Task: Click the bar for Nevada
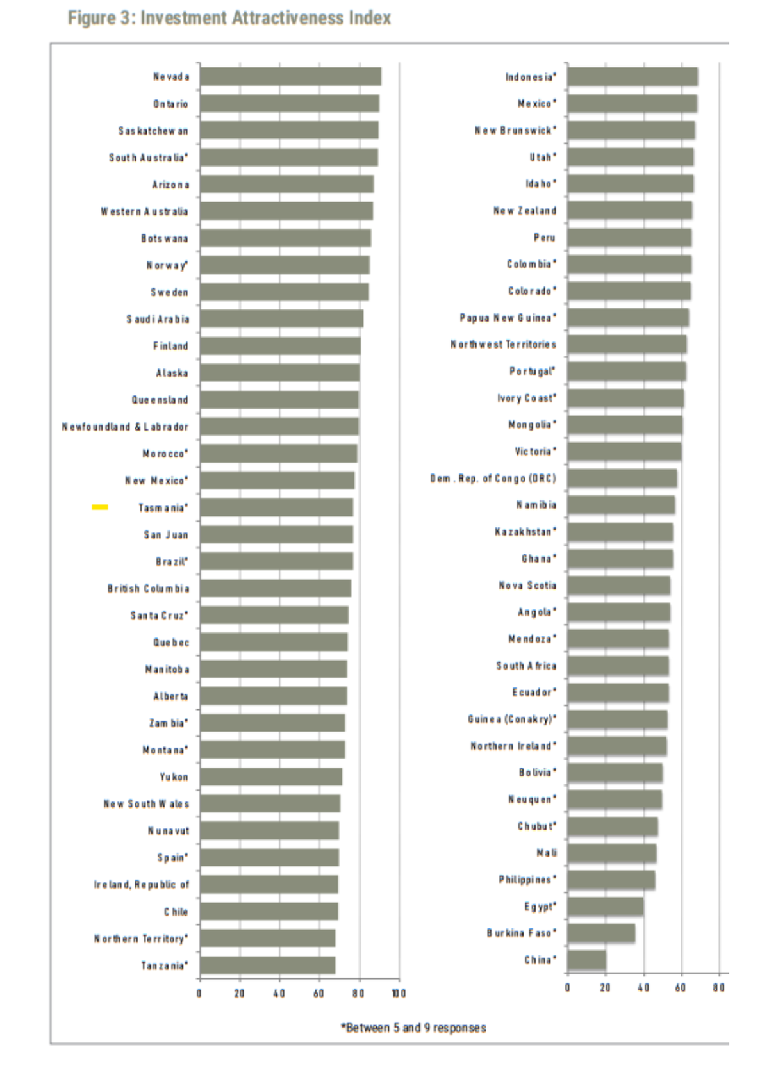(x=290, y=77)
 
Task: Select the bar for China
(x=586, y=960)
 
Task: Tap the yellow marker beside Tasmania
(x=100, y=507)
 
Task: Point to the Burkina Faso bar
(x=601, y=933)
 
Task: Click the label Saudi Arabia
(x=158, y=319)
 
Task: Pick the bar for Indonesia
(x=632, y=77)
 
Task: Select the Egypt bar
(x=605, y=906)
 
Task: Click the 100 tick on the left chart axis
(x=399, y=994)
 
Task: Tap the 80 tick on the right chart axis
(x=719, y=988)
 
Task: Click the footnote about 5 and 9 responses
(x=413, y=1028)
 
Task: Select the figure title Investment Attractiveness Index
(x=229, y=18)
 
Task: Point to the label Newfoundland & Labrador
(x=125, y=427)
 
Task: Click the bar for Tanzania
(x=267, y=965)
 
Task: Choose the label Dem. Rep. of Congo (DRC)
(x=493, y=478)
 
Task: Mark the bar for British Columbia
(x=275, y=588)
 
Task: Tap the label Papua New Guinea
(x=508, y=318)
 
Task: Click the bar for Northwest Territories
(x=627, y=345)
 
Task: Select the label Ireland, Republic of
(x=142, y=885)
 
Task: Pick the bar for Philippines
(x=611, y=880)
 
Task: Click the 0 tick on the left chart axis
(x=199, y=994)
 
